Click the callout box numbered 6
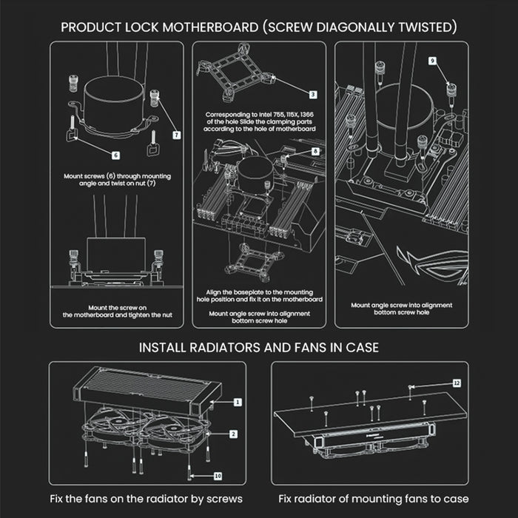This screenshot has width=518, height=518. pyautogui.click(x=116, y=155)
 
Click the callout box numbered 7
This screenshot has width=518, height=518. pyautogui.click(x=176, y=135)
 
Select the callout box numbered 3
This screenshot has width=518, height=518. pyautogui.click(x=313, y=95)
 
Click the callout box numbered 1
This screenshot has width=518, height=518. pyautogui.click(x=238, y=402)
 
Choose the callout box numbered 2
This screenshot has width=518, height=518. pyautogui.click(x=234, y=434)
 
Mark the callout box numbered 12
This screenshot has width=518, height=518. pyautogui.click(x=457, y=383)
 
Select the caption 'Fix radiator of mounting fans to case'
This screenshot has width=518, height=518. pyautogui.click(x=373, y=499)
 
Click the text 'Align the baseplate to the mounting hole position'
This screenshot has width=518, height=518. pyautogui.click(x=259, y=295)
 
